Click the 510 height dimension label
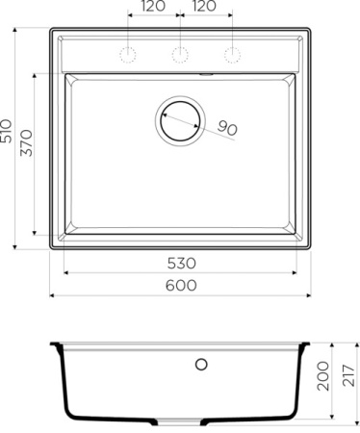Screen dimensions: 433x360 point(9,138)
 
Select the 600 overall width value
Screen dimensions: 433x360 point(181,285)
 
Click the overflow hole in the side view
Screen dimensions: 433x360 point(201,364)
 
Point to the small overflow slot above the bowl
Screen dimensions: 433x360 point(205,72)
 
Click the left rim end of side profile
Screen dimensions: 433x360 point(54,344)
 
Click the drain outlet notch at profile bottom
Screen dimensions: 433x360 point(180,422)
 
